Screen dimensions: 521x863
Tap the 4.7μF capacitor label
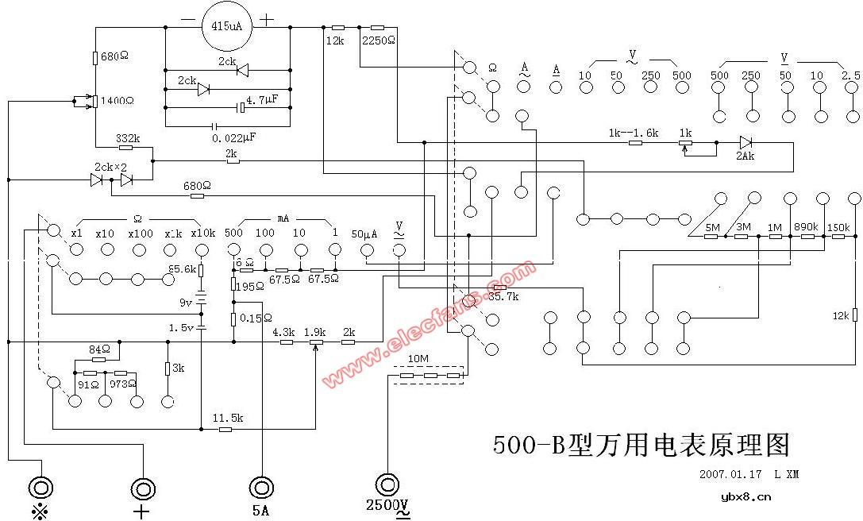[x=261, y=101]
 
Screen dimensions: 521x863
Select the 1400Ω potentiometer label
[x=116, y=101]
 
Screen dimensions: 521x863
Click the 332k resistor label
[x=128, y=138]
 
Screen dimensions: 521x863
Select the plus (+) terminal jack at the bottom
[x=143, y=488]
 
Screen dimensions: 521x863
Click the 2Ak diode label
[x=745, y=157]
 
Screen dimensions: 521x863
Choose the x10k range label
[x=202, y=233]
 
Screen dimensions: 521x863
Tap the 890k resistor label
[x=806, y=227]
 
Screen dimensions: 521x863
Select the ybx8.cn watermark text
[x=745, y=497]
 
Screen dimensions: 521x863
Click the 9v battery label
[x=186, y=303]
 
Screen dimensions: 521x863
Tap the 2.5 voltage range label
[x=850, y=75]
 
